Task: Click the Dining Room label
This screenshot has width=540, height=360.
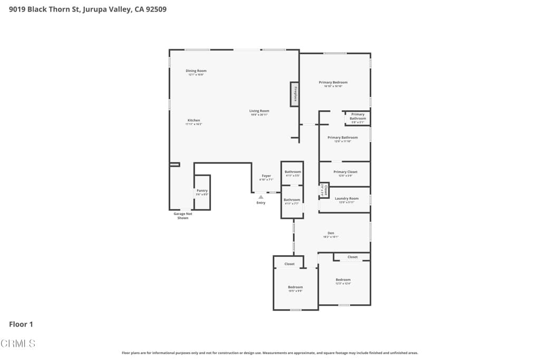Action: pyautogui.click(x=196, y=71)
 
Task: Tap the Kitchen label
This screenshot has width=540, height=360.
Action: pyautogui.click(x=194, y=120)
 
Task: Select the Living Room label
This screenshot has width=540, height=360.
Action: pyautogui.click(x=259, y=111)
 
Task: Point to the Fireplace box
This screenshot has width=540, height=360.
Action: pyautogui.click(x=295, y=94)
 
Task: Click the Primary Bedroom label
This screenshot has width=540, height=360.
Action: pyautogui.click(x=333, y=82)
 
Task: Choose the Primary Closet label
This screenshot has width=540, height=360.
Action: pyautogui.click(x=345, y=172)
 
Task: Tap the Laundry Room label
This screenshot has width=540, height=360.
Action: pyautogui.click(x=346, y=199)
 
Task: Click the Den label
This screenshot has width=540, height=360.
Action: pyautogui.click(x=331, y=233)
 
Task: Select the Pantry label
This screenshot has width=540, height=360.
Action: pyautogui.click(x=202, y=191)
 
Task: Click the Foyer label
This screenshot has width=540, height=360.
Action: pyautogui.click(x=266, y=176)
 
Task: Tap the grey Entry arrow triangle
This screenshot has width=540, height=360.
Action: pyautogui.click(x=261, y=197)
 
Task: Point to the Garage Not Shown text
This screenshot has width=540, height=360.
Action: pyautogui.click(x=183, y=216)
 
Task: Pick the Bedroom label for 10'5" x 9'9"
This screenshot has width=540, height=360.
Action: pyautogui.click(x=295, y=287)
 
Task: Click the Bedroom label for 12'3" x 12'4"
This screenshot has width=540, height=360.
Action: pyautogui.click(x=343, y=280)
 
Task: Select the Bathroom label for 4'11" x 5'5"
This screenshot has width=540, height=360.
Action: pyautogui.click(x=293, y=172)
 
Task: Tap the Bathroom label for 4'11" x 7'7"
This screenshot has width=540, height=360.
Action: pyautogui.click(x=292, y=200)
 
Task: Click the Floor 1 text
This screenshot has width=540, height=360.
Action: pyautogui.click(x=21, y=324)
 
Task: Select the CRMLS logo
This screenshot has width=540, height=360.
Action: pyautogui.click(x=18, y=344)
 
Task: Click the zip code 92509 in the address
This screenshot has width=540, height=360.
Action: pyautogui.click(x=156, y=9)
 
